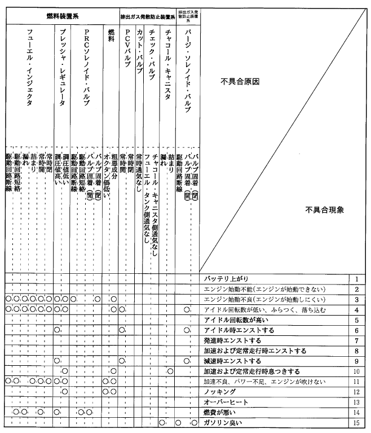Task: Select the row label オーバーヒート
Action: tap(224, 401)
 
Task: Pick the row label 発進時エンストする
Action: tap(232, 340)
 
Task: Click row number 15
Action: tap(356, 422)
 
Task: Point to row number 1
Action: tap(357, 279)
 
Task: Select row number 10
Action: tap(356, 371)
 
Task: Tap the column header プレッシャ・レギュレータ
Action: tap(63, 68)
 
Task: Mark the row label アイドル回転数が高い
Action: tap(231, 320)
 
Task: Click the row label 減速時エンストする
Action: tap(232, 361)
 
